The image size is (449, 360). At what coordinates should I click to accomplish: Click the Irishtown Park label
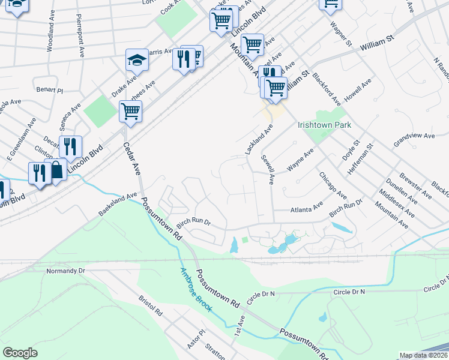pos(324,125)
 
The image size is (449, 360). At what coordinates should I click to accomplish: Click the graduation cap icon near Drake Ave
pos(137,60)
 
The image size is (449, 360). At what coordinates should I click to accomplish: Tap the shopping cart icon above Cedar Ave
pos(130,111)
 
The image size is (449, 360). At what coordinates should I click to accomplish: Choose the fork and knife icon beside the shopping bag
pos(40,173)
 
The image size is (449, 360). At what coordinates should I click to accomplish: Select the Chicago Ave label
pos(333,186)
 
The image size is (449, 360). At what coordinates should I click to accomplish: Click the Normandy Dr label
pos(67,271)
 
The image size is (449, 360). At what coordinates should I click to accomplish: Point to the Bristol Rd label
pos(151,305)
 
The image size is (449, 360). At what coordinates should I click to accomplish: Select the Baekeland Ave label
pos(118,205)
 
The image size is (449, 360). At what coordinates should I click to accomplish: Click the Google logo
pos(20,353)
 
